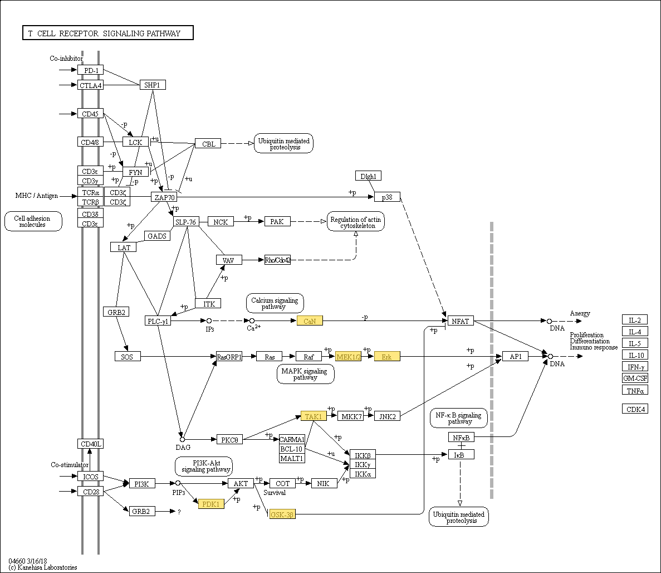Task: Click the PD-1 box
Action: coord(90,70)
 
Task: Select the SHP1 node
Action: coord(152,85)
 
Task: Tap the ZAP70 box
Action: coord(163,197)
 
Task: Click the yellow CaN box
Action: coord(310,321)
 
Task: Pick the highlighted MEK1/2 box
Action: coord(348,356)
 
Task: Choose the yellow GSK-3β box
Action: coord(281,514)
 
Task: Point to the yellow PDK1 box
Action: coord(211,504)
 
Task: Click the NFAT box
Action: coord(461,321)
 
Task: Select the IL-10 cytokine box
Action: coord(634,355)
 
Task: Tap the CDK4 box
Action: coord(634,409)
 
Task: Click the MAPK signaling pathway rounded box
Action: coord(305,374)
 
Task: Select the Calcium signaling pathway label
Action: coord(275,303)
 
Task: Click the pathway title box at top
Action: coord(107,33)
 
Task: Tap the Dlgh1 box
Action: coord(368,176)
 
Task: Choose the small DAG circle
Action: coord(182,439)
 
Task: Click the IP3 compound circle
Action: coord(209,321)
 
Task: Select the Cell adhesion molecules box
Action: coord(33,221)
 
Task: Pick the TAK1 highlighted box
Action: coord(314,416)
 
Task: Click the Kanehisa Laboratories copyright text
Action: coord(43,567)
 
